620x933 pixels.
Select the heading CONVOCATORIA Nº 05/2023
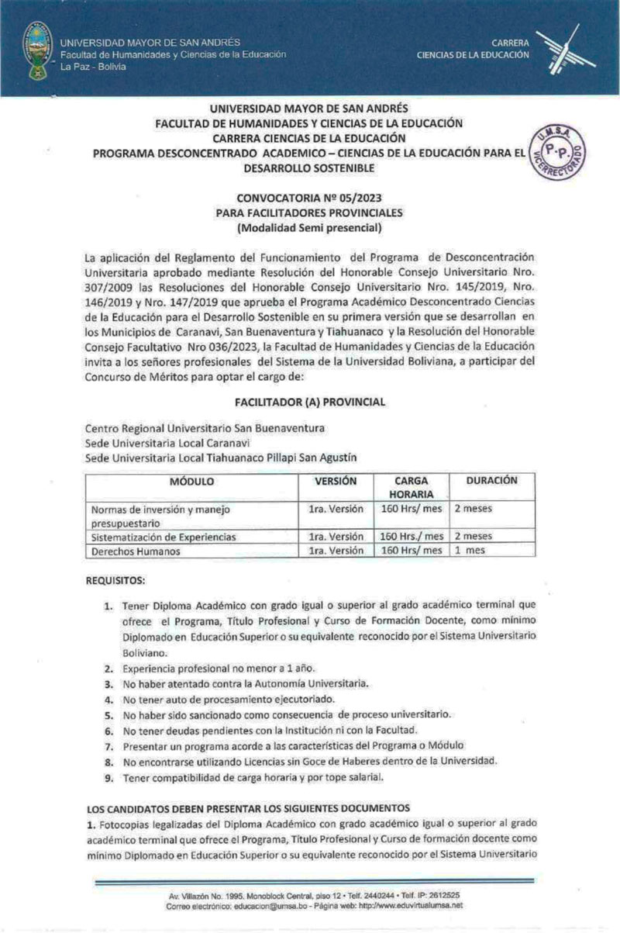coord(309,198)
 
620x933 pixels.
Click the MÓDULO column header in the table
coord(191,482)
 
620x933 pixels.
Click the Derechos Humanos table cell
coord(136,551)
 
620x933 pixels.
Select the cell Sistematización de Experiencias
coord(164,536)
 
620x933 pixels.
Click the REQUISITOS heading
coord(115,580)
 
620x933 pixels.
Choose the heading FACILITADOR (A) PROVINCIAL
coord(309,402)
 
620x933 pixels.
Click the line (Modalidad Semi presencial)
coord(309,228)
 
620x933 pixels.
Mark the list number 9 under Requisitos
coord(108,778)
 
